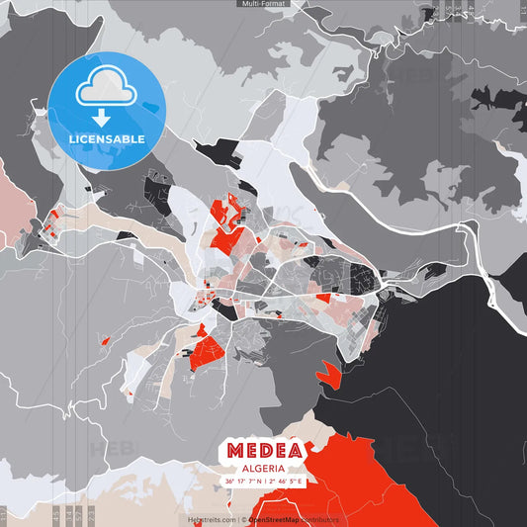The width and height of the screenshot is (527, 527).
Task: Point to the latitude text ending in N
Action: coord(241,482)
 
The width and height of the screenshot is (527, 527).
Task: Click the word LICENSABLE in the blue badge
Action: coord(107,138)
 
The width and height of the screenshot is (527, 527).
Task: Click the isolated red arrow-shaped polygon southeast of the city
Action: coord(326,374)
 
